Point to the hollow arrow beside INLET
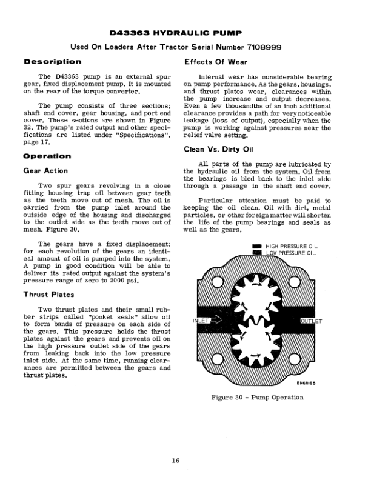coord(215,321)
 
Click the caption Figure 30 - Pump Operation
coord(257,398)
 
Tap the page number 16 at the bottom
coord(175,461)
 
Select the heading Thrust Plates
coord(48,295)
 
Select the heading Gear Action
coord(45,171)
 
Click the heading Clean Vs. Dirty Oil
coord(219,150)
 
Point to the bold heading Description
coord(52,62)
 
